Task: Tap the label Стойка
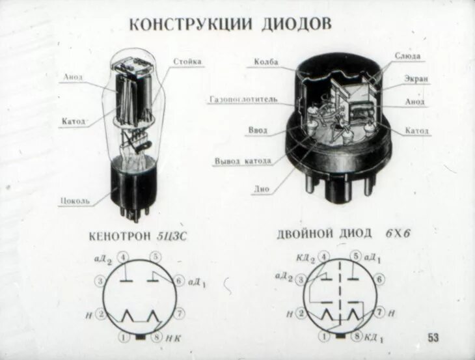coord(187,62)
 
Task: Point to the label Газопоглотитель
coord(244,100)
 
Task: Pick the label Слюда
coord(407,57)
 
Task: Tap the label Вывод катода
coord(243,161)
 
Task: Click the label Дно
coord(261,189)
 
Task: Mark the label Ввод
coord(258,130)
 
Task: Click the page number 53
coord(433,337)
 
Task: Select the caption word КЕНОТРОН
coord(122,235)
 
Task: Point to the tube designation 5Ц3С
coord(172,235)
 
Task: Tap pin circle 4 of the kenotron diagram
coord(124,256)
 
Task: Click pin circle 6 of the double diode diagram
coord(380,279)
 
